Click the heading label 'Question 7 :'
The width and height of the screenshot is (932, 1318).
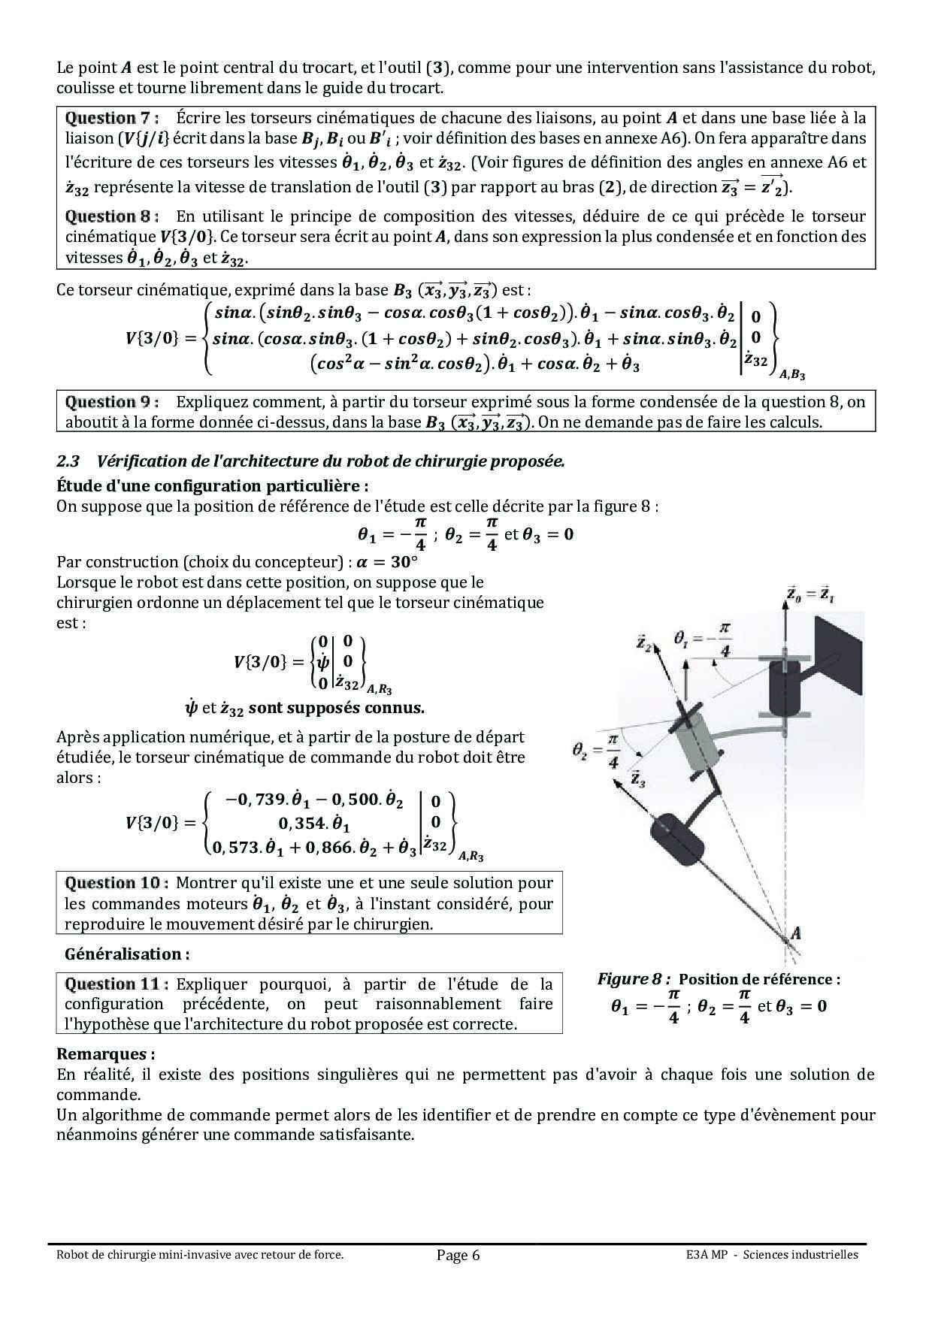click(112, 118)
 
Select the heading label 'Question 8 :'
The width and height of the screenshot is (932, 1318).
click(112, 216)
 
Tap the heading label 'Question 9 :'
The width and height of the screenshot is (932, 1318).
click(112, 402)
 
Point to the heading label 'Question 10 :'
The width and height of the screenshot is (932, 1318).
click(116, 883)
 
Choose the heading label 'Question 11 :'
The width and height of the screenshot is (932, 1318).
click(116, 984)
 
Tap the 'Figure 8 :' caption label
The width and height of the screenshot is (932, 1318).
click(634, 979)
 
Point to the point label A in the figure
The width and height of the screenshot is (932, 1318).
click(795, 933)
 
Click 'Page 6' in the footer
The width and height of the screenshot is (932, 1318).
click(458, 1255)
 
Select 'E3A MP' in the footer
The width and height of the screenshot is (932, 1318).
click(706, 1254)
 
